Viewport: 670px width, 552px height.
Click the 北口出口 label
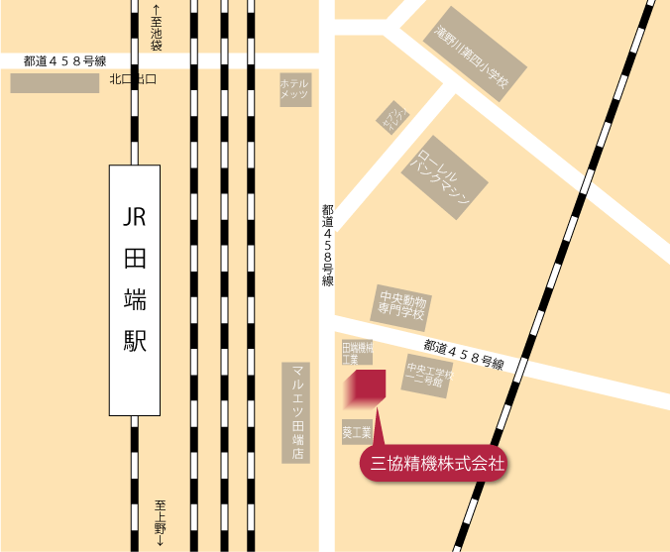pyautogui.click(x=133, y=79)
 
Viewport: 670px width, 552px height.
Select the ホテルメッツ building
pyautogui.click(x=295, y=89)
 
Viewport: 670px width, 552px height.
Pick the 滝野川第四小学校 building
pyautogui.click(x=472, y=59)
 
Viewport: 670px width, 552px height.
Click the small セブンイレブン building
pyautogui.click(x=393, y=118)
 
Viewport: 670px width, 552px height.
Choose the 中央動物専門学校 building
pyautogui.click(x=401, y=304)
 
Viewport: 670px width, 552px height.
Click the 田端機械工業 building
pyautogui.click(x=357, y=353)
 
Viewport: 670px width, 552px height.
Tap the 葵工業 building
pyautogui.click(x=357, y=432)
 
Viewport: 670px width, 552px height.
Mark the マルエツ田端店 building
pyautogui.click(x=295, y=411)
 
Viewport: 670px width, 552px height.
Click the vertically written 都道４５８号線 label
pyautogui.click(x=327, y=246)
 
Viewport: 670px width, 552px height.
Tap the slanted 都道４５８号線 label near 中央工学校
pyautogui.click(x=463, y=354)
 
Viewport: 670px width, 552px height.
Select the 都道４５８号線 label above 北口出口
pyautogui.click(x=64, y=60)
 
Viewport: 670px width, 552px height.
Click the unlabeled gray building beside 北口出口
pyautogui.click(x=55, y=83)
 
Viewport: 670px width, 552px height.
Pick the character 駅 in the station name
pyautogui.click(x=134, y=341)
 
